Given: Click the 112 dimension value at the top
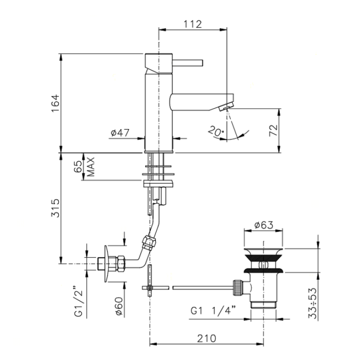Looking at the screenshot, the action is click(192, 24).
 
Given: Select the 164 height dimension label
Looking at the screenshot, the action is click(55, 103).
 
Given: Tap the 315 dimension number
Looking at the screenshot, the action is click(55, 208).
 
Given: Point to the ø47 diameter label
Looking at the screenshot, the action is click(120, 132).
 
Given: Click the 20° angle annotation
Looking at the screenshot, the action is click(216, 131).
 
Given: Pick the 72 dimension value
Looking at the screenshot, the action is click(273, 130).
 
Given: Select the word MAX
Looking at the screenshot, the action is click(91, 167).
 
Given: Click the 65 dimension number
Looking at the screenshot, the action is click(77, 167).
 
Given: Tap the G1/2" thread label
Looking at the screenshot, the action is click(78, 301).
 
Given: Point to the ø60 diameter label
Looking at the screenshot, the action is click(119, 306).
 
